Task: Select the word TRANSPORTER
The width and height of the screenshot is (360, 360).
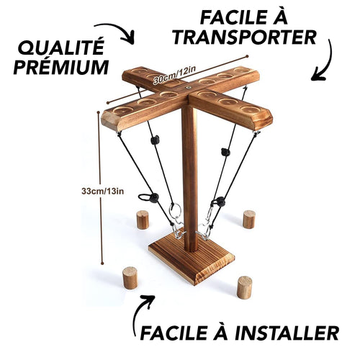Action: coord(244,37)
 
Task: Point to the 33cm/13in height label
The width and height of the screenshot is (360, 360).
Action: coord(103,192)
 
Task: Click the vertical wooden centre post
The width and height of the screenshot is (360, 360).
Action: coord(189,178)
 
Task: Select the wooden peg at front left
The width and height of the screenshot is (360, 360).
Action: coord(130,278)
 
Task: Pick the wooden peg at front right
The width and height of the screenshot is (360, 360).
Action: coord(245,287)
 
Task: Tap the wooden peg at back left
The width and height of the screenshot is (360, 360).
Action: coord(143,220)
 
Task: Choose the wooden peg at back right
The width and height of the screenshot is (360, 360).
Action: coord(249,220)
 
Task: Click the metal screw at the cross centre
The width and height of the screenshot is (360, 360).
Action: coord(189,88)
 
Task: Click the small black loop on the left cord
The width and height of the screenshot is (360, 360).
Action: coord(144,197)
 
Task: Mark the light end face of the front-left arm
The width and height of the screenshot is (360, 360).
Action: coord(110,121)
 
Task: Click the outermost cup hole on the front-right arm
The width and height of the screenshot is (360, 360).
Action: coord(251,109)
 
